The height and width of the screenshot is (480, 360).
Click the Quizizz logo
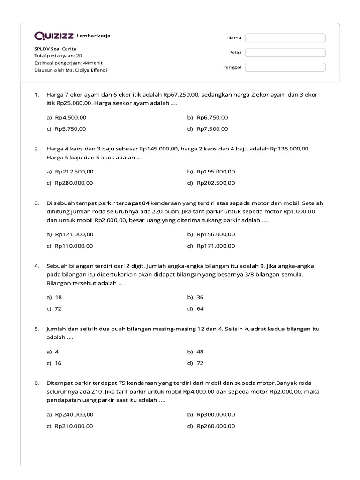point(54,36)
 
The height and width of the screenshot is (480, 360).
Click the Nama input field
point(285,38)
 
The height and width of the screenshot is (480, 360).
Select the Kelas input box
point(285,52)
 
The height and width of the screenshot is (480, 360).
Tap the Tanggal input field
point(285,67)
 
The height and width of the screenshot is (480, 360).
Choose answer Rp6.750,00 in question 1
point(212,117)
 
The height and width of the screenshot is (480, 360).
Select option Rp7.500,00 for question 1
point(212,129)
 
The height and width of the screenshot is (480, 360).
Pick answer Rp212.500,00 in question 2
point(74,172)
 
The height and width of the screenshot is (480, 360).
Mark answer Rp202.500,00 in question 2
point(216,183)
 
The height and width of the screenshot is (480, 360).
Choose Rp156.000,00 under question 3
point(216,234)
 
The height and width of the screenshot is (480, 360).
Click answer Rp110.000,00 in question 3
point(74,246)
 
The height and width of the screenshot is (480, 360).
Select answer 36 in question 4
point(200,297)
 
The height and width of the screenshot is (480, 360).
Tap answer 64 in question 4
point(200,309)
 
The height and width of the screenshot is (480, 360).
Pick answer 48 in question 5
point(200,352)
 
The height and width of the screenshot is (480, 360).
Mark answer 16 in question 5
point(58,363)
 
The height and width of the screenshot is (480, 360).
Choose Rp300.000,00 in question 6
point(216,414)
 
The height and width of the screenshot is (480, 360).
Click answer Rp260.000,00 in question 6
point(216,426)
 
